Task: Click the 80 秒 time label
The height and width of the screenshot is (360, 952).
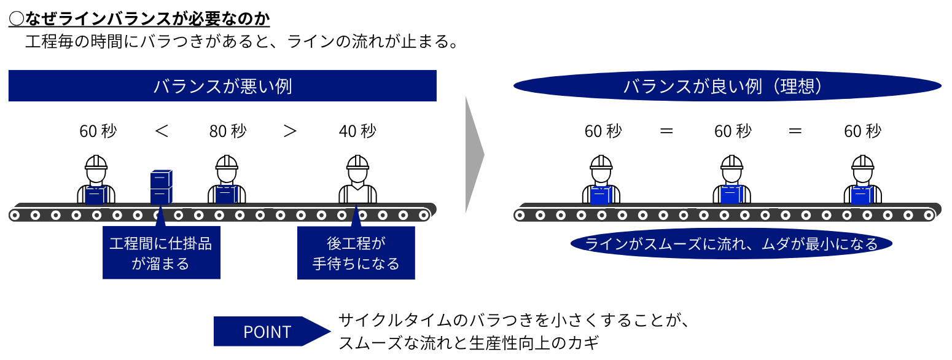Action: point(228,131)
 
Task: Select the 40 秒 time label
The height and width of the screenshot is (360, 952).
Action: point(357,131)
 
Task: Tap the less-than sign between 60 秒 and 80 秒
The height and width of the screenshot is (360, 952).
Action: point(162,131)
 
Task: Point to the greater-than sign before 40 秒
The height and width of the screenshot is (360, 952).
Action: point(290,131)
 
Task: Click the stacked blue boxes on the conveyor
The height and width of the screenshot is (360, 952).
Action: point(161,187)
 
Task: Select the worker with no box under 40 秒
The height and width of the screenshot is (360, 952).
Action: point(357,179)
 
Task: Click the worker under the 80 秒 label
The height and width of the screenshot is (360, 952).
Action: point(227,179)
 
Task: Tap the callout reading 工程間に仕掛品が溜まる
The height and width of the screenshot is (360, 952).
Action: point(162,252)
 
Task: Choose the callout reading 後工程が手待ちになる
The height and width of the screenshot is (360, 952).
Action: point(356,252)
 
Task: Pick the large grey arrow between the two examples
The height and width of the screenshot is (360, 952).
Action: point(475,155)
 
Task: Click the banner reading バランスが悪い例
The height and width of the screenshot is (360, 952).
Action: point(222,86)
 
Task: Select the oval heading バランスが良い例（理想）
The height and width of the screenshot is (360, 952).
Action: point(727,86)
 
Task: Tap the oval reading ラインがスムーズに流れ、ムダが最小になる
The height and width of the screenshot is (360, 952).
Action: point(731,244)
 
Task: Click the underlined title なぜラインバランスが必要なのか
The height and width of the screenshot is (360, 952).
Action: point(139,18)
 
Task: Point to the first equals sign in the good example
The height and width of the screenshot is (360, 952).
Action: point(666,131)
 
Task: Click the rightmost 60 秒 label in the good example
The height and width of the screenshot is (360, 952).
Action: point(863,131)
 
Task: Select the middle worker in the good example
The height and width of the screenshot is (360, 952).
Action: point(732,179)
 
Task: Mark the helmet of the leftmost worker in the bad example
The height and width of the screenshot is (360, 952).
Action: point(96,162)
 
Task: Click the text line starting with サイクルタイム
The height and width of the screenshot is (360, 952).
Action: point(514,320)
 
